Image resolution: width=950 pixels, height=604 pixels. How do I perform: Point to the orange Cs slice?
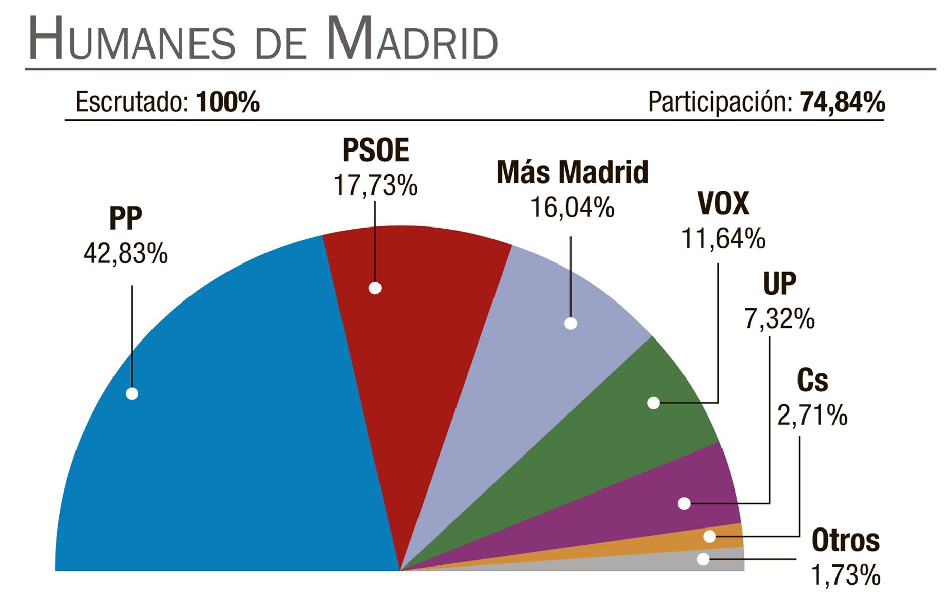[x=725, y=537]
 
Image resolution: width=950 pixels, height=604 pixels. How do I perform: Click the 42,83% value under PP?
[x=126, y=253]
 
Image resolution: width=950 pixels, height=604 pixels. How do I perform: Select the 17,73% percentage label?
[x=375, y=185]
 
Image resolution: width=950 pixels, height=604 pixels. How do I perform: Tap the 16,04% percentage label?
[x=572, y=208]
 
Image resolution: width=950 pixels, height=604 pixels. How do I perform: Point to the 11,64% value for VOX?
[x=723, y=239]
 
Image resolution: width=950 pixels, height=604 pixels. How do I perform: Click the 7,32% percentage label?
[x=779, y=319]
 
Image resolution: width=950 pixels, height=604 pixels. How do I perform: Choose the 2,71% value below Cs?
[x=812, y=416]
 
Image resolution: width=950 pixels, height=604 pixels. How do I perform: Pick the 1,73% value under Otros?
[x=846, y=576]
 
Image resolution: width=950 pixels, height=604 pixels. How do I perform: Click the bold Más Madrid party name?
[x=572, y=172]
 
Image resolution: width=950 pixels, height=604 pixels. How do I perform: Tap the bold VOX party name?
[x=723, y=204]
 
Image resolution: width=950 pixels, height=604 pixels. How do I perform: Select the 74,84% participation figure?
[x=842, y=102]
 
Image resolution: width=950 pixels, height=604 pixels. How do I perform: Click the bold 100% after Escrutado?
[x=228, y=102]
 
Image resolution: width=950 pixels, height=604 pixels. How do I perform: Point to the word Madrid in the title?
[x=411, y=40]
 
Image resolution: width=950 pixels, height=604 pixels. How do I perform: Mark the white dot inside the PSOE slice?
[x=375, y=288]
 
